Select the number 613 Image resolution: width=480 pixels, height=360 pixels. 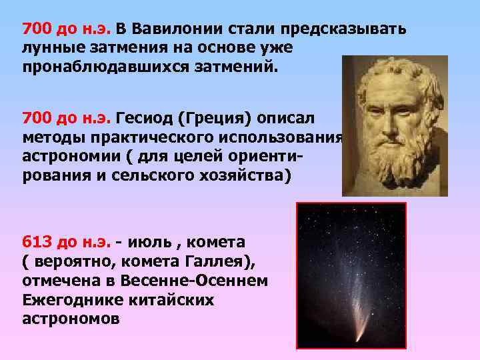click(35, 240)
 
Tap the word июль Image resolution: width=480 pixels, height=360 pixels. click(154, 240)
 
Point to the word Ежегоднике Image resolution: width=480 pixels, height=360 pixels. click(67, 300)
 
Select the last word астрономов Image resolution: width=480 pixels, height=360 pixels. click(71, 319)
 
